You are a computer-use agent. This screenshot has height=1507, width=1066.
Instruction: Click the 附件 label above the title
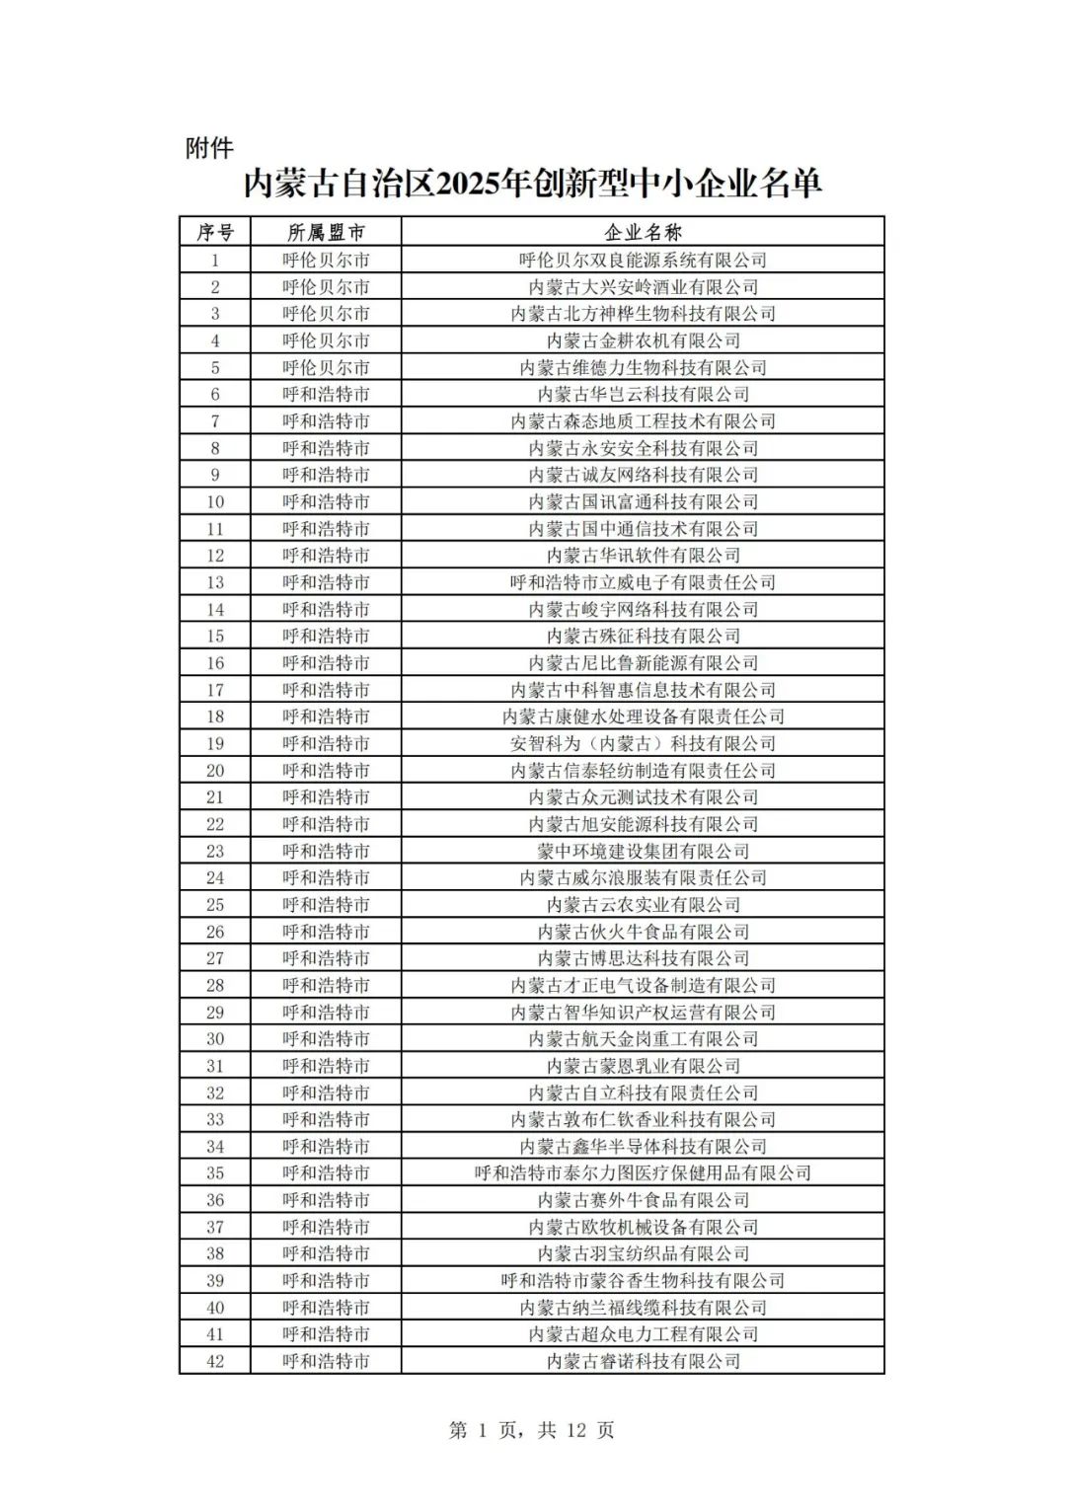tap(209, 148)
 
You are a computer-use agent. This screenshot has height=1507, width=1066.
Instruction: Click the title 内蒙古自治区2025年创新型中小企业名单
tap(533, 184)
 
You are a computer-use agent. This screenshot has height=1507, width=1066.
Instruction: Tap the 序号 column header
tap(215, 233)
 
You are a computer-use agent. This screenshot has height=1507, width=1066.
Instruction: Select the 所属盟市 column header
tap(326, 233)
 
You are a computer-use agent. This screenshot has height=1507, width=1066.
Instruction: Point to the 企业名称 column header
tap(643, 233)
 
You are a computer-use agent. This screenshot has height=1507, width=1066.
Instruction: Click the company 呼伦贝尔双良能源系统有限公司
tap(643, 261)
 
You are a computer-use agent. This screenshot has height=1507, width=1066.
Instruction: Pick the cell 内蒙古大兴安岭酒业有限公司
tap(643, 287)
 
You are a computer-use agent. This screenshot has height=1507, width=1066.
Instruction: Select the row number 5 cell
tap(215, 368)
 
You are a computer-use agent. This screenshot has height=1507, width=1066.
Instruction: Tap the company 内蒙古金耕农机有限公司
tap(643, 340)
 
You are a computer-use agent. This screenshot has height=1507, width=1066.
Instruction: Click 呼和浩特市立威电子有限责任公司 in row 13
tap(643, 582)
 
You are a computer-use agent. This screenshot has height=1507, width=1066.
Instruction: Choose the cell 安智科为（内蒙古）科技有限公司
tap(643, 743)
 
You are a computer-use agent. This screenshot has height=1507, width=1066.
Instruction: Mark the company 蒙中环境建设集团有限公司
tap(643, 851)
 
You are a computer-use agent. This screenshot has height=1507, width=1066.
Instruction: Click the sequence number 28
tap(215, 985)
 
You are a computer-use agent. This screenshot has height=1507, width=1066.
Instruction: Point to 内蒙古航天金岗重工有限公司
tap(643, 1039)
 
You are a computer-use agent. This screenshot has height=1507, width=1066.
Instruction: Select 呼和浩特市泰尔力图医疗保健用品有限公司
tap(643, 1173)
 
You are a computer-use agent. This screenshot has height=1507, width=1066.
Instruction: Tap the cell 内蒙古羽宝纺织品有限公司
tap(643, 1253)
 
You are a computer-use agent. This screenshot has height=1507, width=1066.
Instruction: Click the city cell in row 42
tap(326, 1361)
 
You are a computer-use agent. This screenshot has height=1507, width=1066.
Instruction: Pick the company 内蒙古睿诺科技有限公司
tap(643, 1361)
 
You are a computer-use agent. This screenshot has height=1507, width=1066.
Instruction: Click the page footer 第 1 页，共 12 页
tap(531, 1430)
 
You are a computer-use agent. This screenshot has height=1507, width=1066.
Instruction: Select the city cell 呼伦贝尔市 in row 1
tap(326, 261)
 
